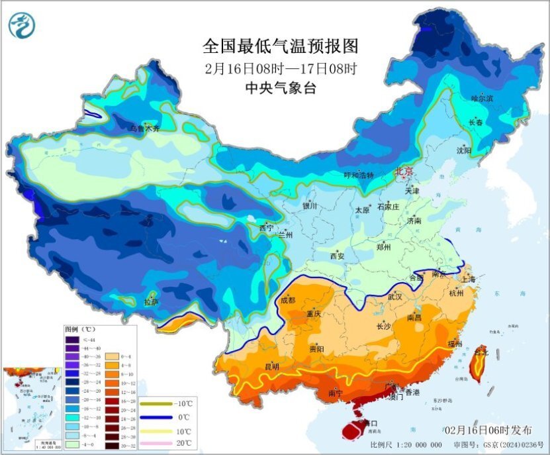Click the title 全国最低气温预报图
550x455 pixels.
coord(280,46)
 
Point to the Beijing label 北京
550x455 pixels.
coord(404,172)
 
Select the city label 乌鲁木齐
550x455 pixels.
coord(144,128)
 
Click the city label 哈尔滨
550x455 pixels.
coord(482,99)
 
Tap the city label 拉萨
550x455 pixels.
coord(151,302)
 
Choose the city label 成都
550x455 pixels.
coord(288,299)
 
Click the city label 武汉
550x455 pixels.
coord(394,296)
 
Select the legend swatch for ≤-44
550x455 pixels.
coord(71,340)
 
